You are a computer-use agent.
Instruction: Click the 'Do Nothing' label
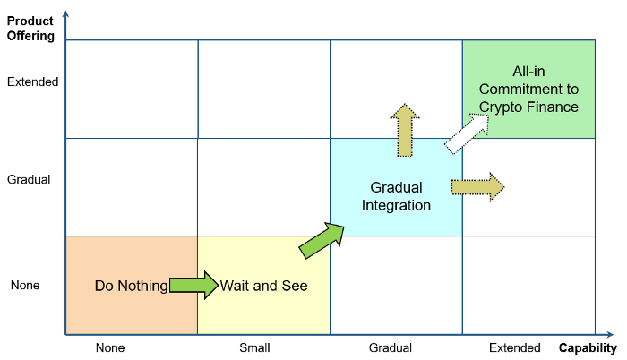[131, 287]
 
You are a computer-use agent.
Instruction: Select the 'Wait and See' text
[264, 287]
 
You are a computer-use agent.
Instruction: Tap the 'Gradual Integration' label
[396, 196]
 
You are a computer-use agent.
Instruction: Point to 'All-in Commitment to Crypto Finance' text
[528, 90]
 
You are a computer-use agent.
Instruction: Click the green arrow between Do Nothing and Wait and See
[193, 286]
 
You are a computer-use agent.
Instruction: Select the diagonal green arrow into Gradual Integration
[322, 241]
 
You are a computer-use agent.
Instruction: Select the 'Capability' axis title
[588, 347]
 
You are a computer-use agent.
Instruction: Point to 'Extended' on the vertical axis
[32, 81]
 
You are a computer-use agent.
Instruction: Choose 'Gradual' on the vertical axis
[29, 179]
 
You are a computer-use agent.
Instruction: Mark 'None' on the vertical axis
[25, 286]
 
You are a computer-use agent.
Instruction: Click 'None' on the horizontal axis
[110, 347]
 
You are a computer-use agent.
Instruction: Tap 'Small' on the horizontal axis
[254, 347]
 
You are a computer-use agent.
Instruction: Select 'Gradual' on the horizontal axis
[391, 347]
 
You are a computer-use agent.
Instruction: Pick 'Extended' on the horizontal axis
[515, 347]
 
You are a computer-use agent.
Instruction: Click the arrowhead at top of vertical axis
[65, 13]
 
